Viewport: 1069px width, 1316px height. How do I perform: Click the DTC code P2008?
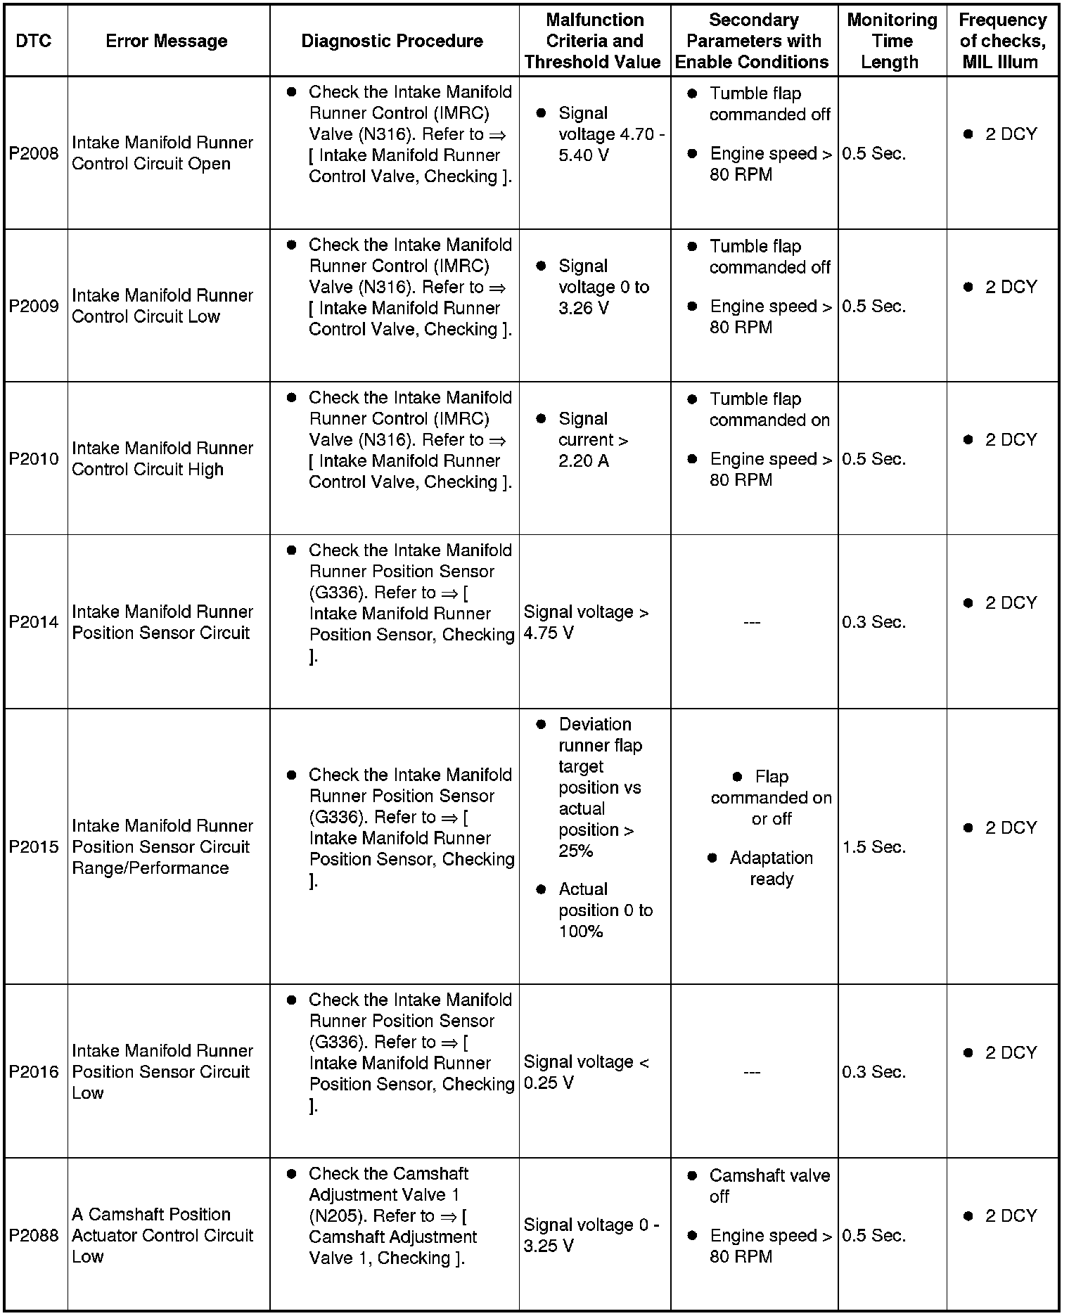(x=34, y=153)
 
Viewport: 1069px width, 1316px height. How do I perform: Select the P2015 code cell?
(x=34, y=846)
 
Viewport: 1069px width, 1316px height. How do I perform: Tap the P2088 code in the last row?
(x=34, y=1235)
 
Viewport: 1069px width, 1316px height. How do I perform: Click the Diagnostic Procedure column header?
(x=392, y=41)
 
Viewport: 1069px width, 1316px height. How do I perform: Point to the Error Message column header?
(x=167, y=41)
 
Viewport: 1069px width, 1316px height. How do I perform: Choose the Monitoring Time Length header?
(x=891, y=41)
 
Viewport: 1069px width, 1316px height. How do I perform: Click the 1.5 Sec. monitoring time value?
(x=874, y=846)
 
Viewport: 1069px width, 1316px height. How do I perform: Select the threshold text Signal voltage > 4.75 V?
(x=586, y=622)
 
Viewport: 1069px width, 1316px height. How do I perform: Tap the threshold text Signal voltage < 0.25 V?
(x=586, y=1072)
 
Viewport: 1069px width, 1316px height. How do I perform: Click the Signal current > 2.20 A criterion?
(x=593, y=440)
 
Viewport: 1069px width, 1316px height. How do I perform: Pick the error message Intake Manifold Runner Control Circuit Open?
(x=162, y=153)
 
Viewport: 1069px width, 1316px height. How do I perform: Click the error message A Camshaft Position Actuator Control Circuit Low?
(x=162, y=1235)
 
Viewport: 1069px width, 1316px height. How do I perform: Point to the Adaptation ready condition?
(x=771, y=868)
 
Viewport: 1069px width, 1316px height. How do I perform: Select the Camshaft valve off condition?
(x=769, y=1186)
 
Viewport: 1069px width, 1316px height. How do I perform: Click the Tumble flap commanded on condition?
(x=769, y=410)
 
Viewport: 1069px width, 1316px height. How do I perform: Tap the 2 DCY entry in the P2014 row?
(x=1010, y=603)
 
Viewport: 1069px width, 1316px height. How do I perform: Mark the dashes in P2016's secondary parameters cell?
(x=752, y=1072)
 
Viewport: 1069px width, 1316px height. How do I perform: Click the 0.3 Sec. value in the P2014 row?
(x=873, y=622)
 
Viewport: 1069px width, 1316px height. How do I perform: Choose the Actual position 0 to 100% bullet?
(x=605, y=910)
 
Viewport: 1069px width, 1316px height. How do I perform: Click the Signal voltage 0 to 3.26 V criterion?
(x=603, y=287)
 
